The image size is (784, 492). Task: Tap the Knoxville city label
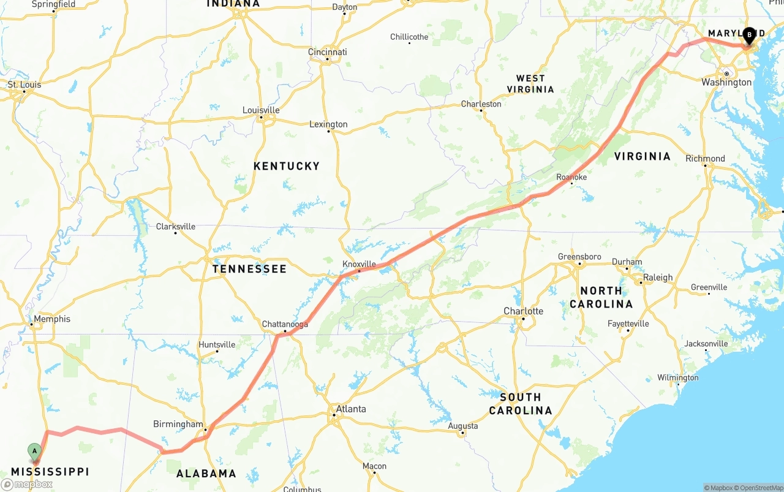click(359, 264)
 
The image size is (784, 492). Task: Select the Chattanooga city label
click(285, 324)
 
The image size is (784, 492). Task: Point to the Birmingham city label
click(178, 424)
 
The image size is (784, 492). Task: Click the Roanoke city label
click(571, 177)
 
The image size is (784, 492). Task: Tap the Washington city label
click(726, 82)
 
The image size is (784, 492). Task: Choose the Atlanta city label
click(350, 409)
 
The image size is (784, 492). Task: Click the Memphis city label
click(51, 319)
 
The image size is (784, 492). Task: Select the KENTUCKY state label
click(287, 166)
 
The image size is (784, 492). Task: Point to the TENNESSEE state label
click(249, 269)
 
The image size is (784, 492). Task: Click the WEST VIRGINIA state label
click(530, 84)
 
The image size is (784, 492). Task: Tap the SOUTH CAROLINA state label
click(520, 404)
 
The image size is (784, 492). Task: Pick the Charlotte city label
click(523, 311)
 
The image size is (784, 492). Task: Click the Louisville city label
click(261, 110)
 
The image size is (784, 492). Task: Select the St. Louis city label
click(24, 85)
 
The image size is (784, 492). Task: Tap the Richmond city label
click(705, 158)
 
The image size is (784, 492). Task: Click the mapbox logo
click(27, 484)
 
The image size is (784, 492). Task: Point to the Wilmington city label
click(677, 377)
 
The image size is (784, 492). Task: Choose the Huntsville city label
click(217, 344)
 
